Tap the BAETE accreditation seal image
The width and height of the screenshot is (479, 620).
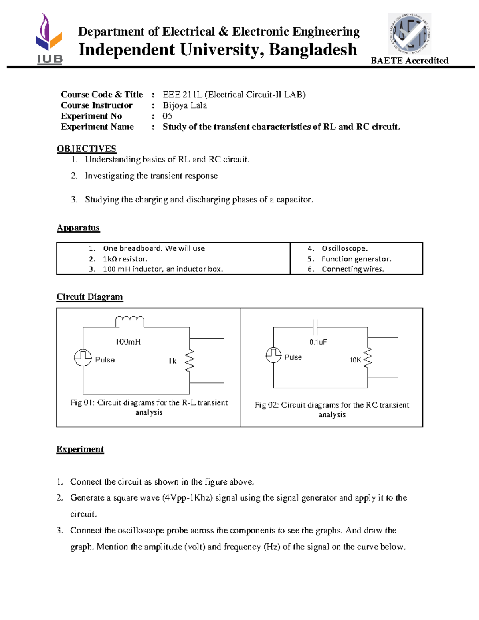(x=410, y=34)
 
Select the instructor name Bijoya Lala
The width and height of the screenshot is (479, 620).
(x=184, y=105)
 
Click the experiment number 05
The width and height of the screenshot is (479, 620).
(x=167, y=116)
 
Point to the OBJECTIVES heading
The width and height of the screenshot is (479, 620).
(x=86, y=149)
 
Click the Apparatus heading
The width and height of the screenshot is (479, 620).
(x=78, y=228)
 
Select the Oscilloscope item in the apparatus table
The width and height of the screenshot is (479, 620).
(x=344, y=248)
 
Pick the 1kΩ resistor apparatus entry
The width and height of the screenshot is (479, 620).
(x=125, y=259)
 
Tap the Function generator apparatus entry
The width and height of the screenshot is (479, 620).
(x=356, y=259)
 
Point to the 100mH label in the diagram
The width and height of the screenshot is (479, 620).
(x=128, y=342)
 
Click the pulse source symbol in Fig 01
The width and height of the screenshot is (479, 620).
(x=83, y=357)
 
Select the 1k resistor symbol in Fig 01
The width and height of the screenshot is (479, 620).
(x=190, y=361)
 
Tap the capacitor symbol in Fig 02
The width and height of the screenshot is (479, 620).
(x=315, y=327)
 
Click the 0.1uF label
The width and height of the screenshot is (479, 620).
(x=318, y=342)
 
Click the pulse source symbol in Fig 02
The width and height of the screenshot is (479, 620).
(x=273, y=355)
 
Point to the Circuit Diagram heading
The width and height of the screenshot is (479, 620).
(x=89, y=297)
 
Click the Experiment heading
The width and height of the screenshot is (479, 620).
(x=80, y=450)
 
